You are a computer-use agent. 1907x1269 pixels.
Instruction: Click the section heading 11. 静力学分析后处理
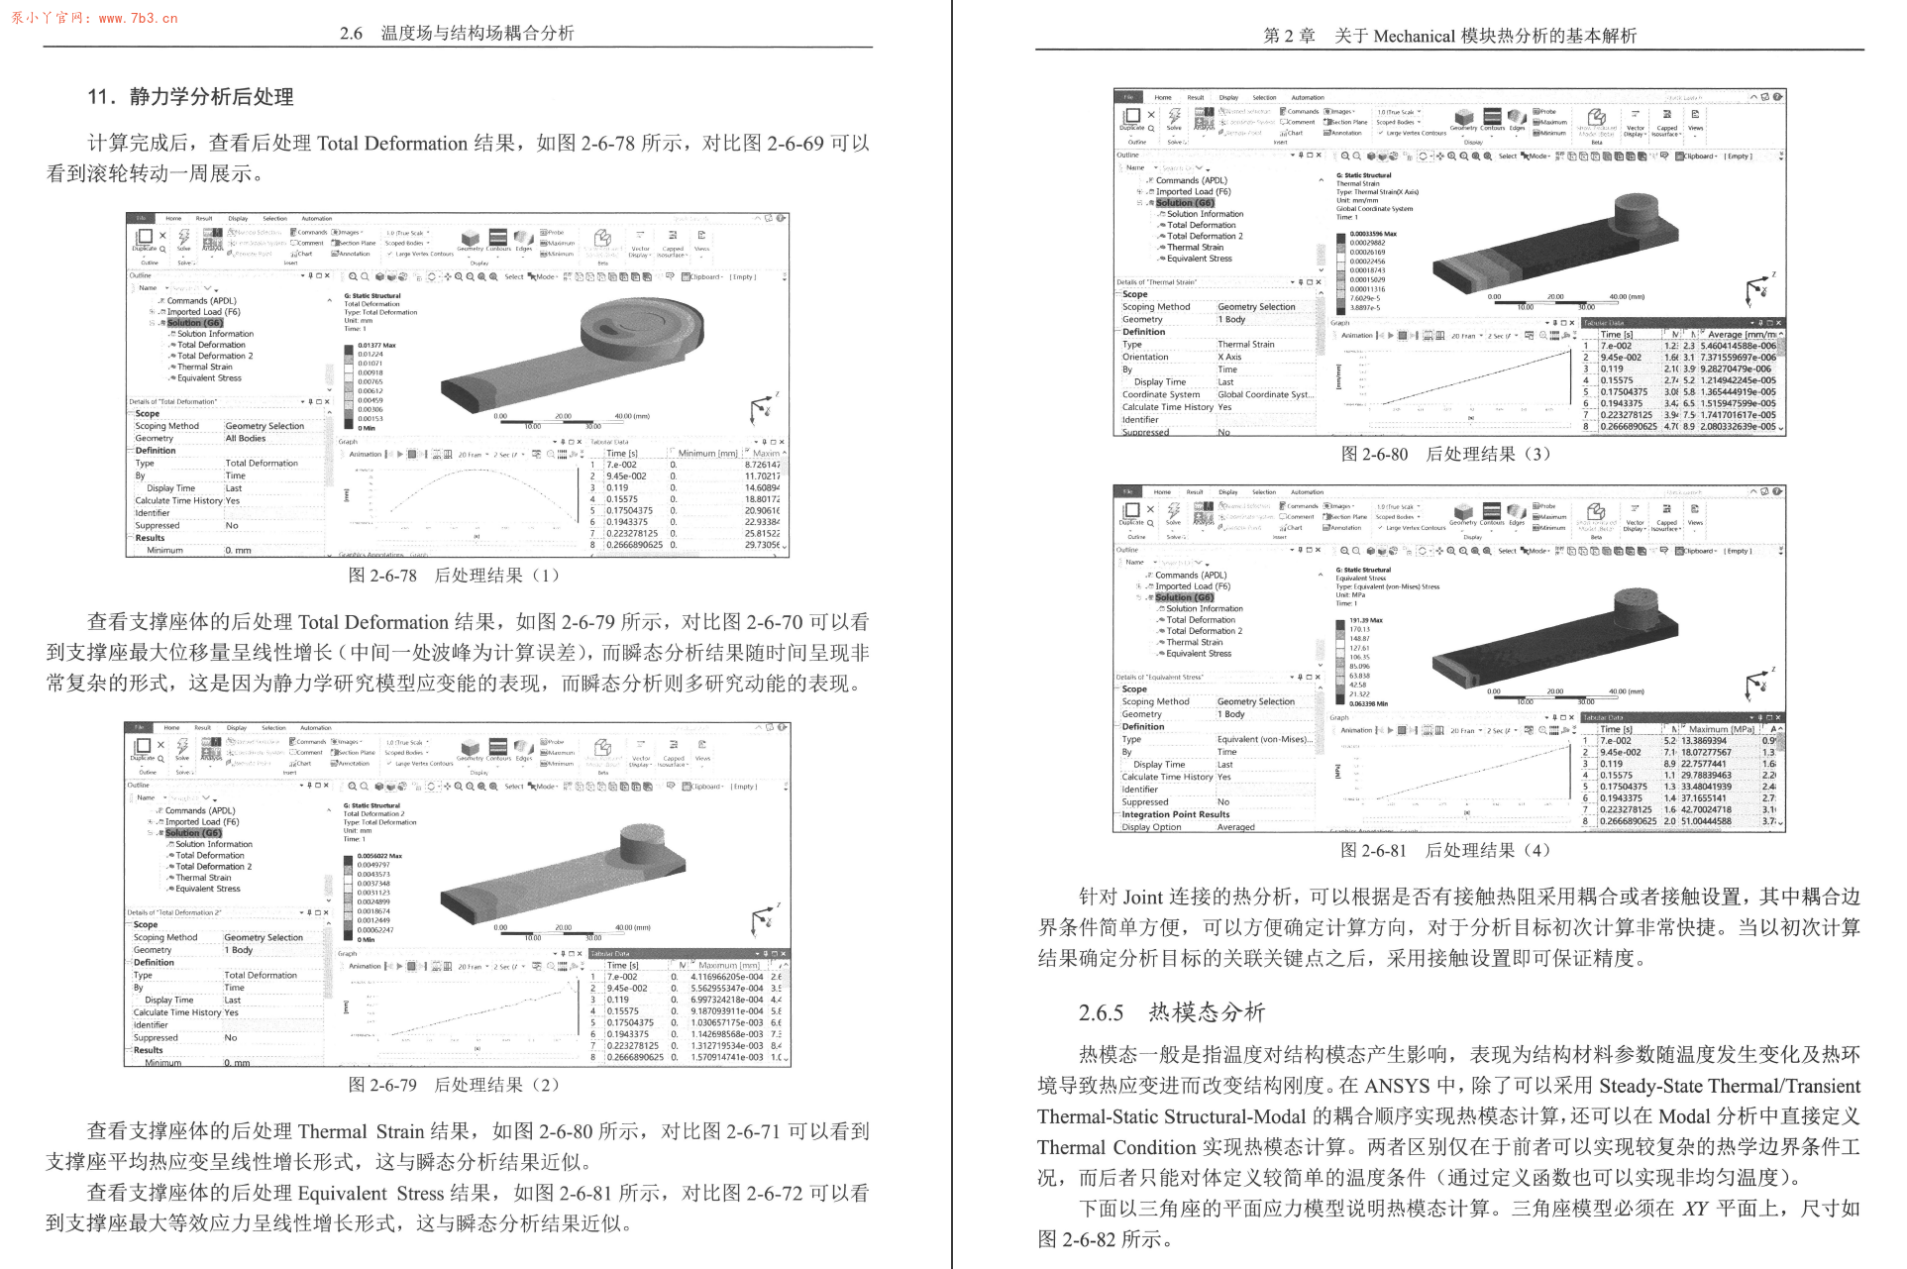click(190, 97)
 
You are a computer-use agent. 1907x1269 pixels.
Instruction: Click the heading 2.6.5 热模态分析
click(1171, 1012)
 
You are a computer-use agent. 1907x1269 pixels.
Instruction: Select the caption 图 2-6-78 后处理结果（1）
click(454, 576)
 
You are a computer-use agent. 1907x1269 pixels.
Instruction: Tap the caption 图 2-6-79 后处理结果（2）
click(454, 1085)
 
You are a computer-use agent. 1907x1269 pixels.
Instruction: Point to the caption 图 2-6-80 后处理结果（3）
click(1444, 455)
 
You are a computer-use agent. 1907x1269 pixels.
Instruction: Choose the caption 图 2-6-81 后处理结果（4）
click(1444, 850)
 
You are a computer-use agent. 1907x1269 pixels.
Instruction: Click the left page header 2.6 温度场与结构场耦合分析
click(457, 33)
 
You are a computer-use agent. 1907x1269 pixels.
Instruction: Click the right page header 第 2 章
click(1289, 37)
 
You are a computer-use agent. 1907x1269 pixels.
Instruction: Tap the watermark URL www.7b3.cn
click(138, 18)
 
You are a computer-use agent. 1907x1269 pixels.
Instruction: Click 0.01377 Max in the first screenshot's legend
click(376, 346)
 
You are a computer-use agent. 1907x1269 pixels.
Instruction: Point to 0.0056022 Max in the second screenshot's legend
click(379, 856)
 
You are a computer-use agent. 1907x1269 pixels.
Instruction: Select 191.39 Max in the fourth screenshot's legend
click(1366, 621)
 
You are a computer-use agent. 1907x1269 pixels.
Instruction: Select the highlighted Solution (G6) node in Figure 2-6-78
click(194, 323)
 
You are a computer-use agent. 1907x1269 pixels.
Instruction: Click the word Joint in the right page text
click(1142, 898)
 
